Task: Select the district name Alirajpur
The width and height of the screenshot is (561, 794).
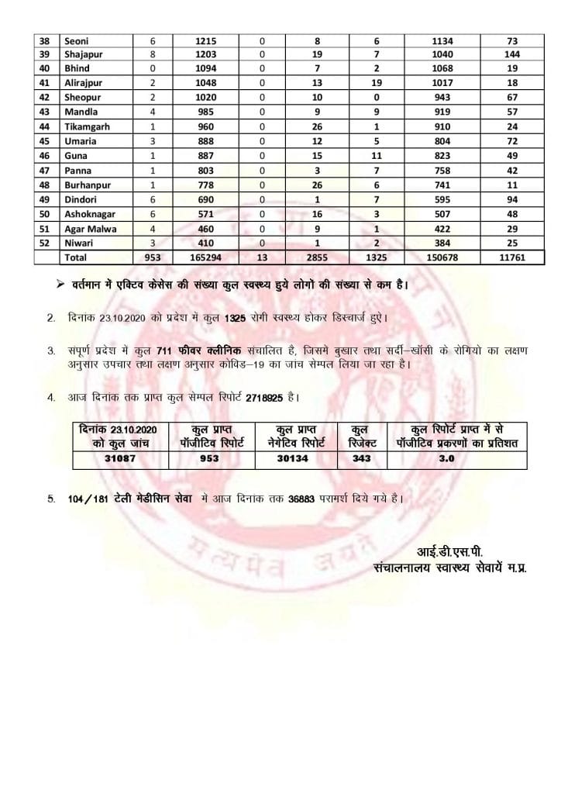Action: (85, 83)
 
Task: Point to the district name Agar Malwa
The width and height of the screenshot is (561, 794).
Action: (91, 228)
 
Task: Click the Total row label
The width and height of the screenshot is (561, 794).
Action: (75, 257)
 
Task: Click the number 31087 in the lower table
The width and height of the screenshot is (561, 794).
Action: (120, 459)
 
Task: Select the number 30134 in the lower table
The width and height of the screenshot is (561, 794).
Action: (298, 459)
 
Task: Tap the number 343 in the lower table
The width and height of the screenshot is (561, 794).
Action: (361, 459)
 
